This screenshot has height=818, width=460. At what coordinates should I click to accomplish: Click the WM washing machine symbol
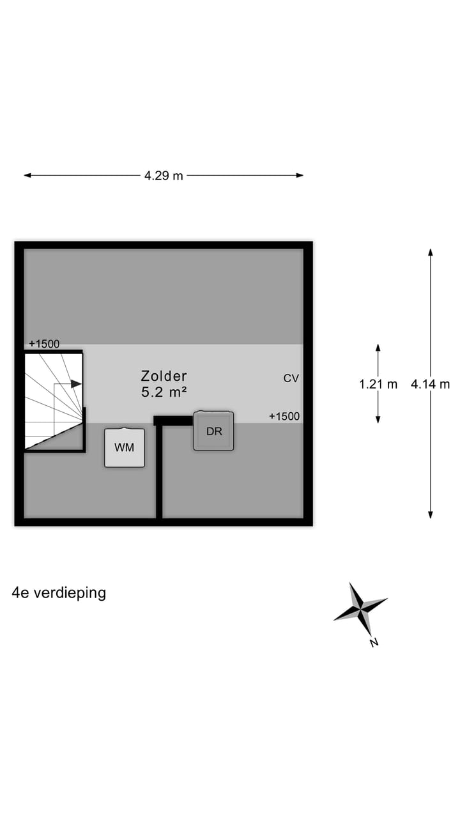click(x=125, y=447)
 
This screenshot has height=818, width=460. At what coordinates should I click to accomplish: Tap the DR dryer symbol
click(x=214, y=431)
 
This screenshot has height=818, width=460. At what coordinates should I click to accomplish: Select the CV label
click(x=291, y=378)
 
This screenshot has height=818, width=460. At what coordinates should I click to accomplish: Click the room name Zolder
click(x=164, y=376)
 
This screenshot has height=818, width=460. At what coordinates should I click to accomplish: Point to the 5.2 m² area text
click(x=164, y=392)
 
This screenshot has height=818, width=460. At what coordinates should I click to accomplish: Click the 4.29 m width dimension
click(x=164, y=176)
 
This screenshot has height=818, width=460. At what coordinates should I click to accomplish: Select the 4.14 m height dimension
click(x=431, y=384)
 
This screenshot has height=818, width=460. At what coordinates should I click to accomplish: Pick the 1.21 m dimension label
click(x=378, y=384)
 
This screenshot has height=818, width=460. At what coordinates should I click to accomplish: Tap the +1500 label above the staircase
click(x=44, y=344)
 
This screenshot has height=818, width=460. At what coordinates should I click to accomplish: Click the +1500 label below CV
click(x=284, y=416)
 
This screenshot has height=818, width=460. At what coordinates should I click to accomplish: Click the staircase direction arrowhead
click(x=77, y=384)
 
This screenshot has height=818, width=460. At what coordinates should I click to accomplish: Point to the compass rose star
click(x=360, y=609)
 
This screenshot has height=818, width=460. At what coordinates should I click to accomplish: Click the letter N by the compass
click(x=374, y=642)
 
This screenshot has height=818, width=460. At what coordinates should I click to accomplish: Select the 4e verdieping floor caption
click(x=59, y=593)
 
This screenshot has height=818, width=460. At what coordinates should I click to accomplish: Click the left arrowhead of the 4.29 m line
click(x=27, y=175)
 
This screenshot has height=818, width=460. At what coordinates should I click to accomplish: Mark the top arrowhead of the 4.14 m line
click(x=431, y=252)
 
